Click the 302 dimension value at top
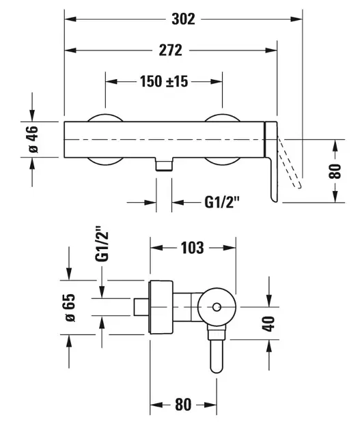click(184, 20)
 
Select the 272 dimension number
click(171, 51)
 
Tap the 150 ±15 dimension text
click(164, 81)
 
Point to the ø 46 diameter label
click(31, 139)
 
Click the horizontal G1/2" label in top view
click(223, 202)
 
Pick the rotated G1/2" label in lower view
click(102, 246)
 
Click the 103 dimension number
click(192, 248)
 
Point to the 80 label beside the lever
click(334, 170)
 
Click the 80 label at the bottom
click(182, 404)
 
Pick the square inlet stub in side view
click(141, 308)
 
